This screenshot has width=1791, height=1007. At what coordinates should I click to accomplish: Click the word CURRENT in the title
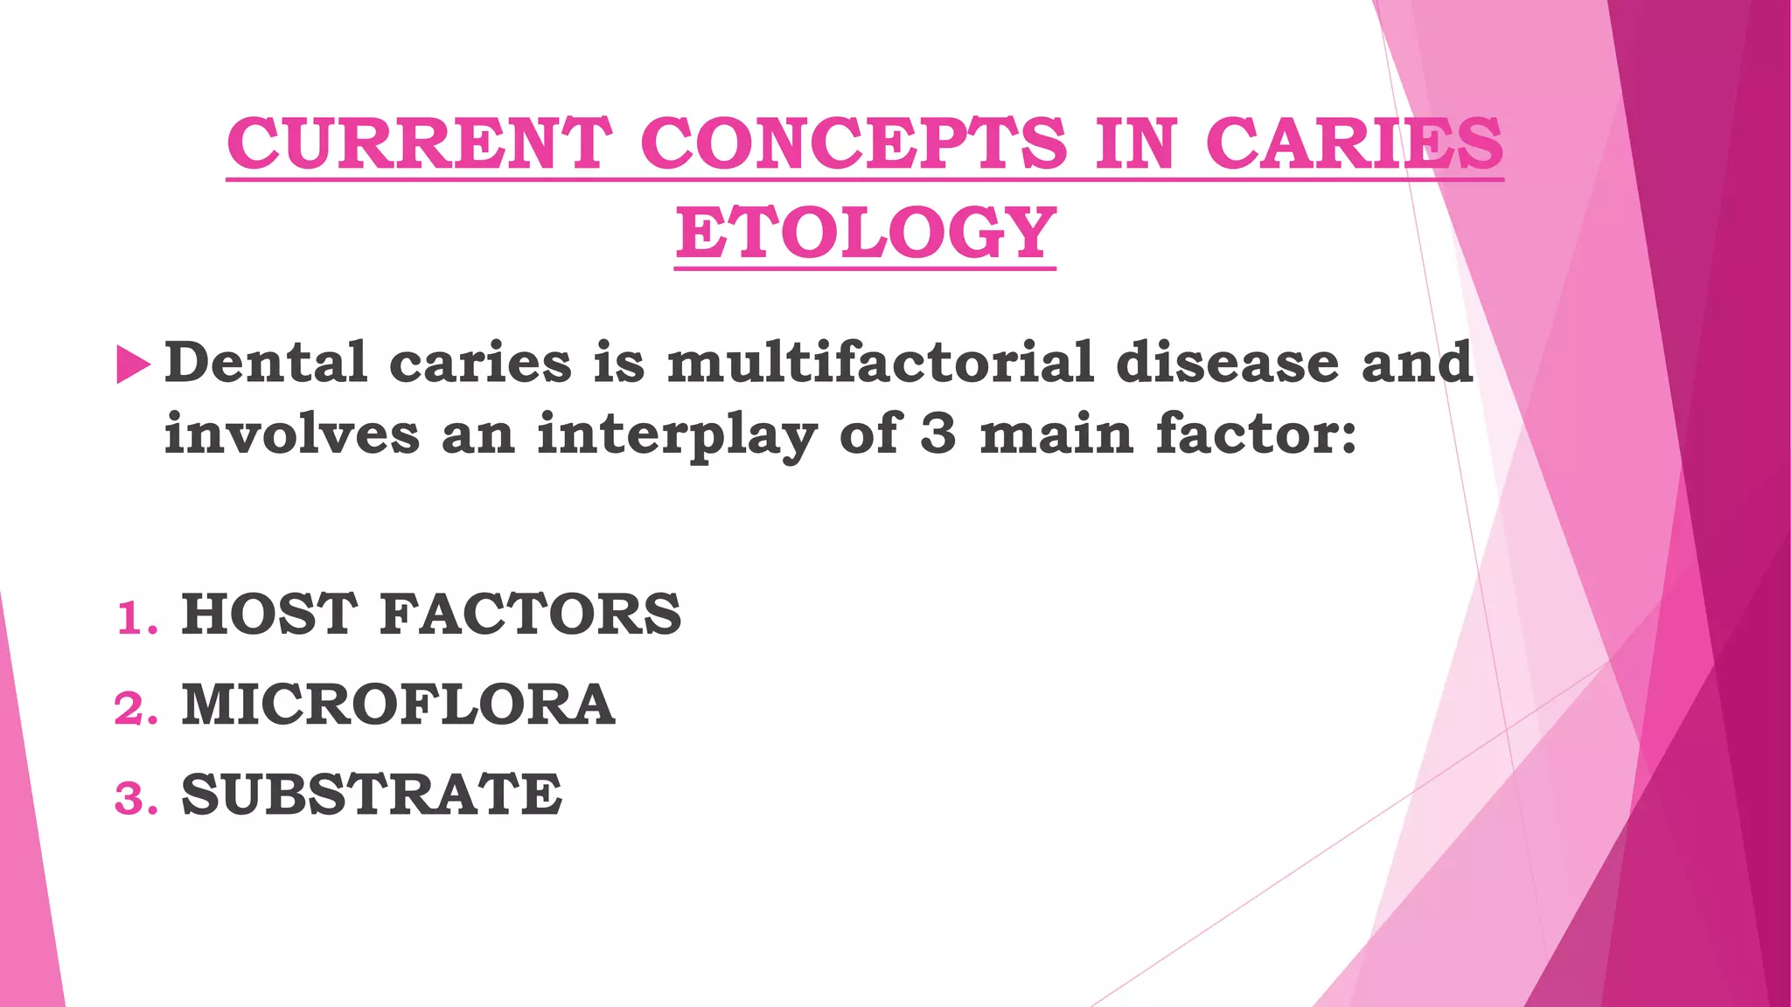tap(420, 143)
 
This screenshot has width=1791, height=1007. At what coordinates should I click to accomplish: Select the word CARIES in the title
tap(1355, 143)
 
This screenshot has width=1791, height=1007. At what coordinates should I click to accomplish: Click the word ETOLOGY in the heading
tap(866, 233)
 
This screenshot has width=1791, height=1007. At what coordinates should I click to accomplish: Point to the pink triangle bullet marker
tap(133, 365)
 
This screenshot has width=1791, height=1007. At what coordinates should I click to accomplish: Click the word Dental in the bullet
tap(266, 362)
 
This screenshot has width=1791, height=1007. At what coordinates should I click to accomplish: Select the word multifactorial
tap(881, 362)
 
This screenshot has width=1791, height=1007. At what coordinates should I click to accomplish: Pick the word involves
tap(292, 434)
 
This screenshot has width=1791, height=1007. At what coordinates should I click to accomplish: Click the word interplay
tap(677, 435)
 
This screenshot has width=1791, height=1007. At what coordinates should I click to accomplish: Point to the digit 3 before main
tap(938, 434)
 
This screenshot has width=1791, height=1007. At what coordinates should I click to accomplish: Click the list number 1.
tap(136, 619)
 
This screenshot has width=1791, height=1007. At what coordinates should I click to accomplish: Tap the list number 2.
tap(136, 709)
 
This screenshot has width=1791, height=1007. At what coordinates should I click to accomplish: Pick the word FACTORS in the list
tap(531, 614)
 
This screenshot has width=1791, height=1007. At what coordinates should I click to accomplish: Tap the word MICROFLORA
tap(398, 705)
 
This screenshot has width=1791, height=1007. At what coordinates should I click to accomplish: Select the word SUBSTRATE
tap(372, 795)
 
